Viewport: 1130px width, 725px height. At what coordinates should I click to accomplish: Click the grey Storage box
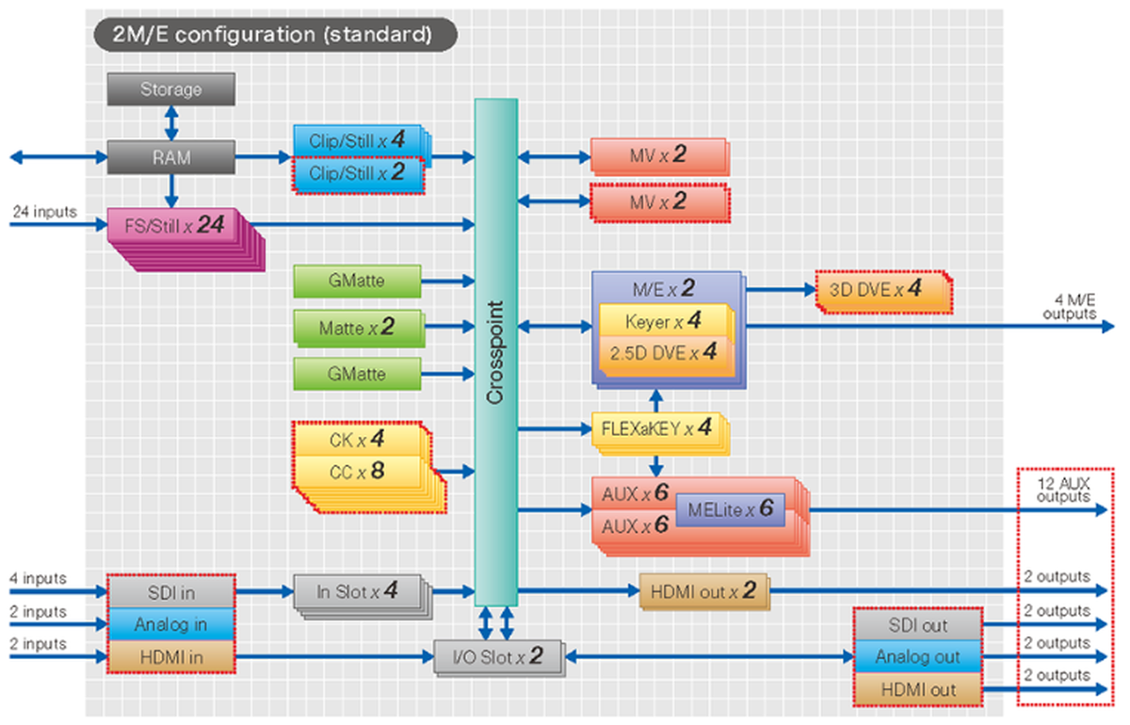click(x=170, y=89)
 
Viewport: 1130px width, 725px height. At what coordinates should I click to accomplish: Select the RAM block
click(x=170, y=157)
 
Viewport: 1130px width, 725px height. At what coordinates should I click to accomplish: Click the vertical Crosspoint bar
click(x=495, y=353)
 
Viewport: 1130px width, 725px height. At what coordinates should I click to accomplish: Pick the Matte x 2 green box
click(x=357, y=328)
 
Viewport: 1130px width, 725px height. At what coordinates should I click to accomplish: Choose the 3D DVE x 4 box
click(x=882, y=291)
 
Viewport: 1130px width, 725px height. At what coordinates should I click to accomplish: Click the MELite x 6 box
click(x=730, y=509)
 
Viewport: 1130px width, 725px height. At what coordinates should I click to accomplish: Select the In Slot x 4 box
click(x=356, y=591)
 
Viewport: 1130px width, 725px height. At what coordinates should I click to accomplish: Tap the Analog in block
click(x=170, y=623)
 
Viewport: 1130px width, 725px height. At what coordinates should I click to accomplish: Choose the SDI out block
click(x=918, y=625)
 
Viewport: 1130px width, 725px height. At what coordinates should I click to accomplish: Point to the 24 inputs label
click(x=44, y=212)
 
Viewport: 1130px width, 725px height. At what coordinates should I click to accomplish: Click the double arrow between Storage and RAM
click(x=170, y=122)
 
